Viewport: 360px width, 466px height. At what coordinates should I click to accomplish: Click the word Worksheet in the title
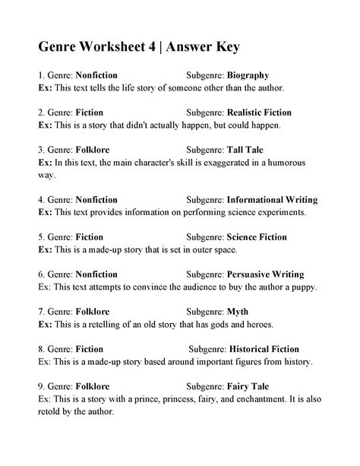(115, 47)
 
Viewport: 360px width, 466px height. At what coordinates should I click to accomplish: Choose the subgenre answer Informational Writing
(272, 200)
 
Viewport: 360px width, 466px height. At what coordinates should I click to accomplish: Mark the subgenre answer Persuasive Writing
(265, 274)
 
